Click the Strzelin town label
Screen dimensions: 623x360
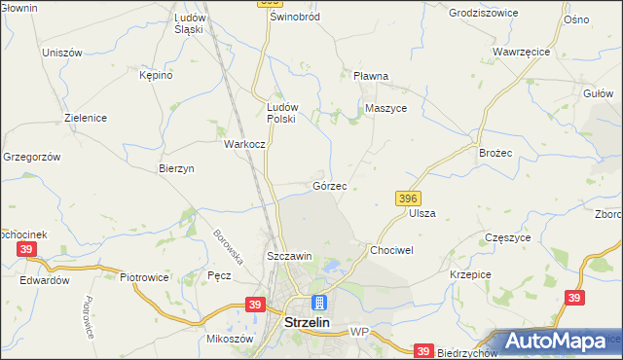[311, 322]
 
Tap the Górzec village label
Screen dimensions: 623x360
[329, 185]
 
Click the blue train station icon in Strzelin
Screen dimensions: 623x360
[318, 303]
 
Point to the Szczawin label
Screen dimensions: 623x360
[289, 256]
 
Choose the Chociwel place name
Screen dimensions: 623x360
[391, 249]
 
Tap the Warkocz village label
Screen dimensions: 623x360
[244, 144]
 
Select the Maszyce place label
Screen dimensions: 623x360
[385, 108]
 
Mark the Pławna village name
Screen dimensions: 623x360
[371, 76]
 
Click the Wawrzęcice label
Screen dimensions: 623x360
[522, 51]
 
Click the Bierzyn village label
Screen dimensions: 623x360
[176, 168]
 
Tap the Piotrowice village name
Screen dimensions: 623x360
[144, 277]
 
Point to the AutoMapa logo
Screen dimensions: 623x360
[558, 342]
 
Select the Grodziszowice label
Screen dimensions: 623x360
[483, 14]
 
